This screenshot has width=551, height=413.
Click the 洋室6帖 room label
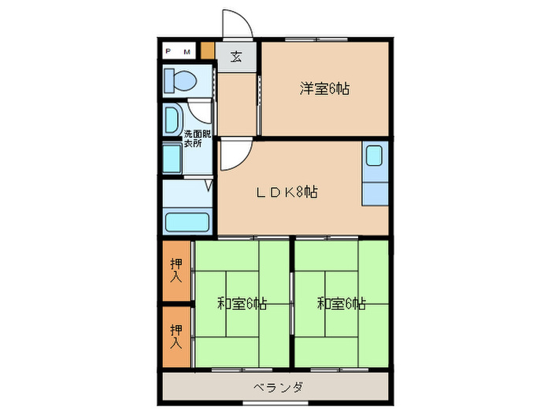[x=324, y=89]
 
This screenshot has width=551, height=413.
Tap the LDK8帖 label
[x=284, y=191]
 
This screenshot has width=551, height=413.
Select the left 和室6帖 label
[x=241, y=303]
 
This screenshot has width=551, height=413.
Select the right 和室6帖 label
[x=342, y=303]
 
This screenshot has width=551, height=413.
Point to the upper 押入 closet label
[x=176, y=270]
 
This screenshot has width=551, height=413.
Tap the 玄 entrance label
[x=236, y=57]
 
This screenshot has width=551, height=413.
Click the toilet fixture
[x=180, y=79]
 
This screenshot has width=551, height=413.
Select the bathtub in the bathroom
[x=187, y=220]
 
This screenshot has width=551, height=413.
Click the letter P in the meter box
[x=168, y=52]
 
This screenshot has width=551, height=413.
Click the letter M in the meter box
[x=187, y=52]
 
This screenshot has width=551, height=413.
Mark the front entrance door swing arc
[x=236, y=24]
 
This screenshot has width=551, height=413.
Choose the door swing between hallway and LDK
[x=231, y=155]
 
